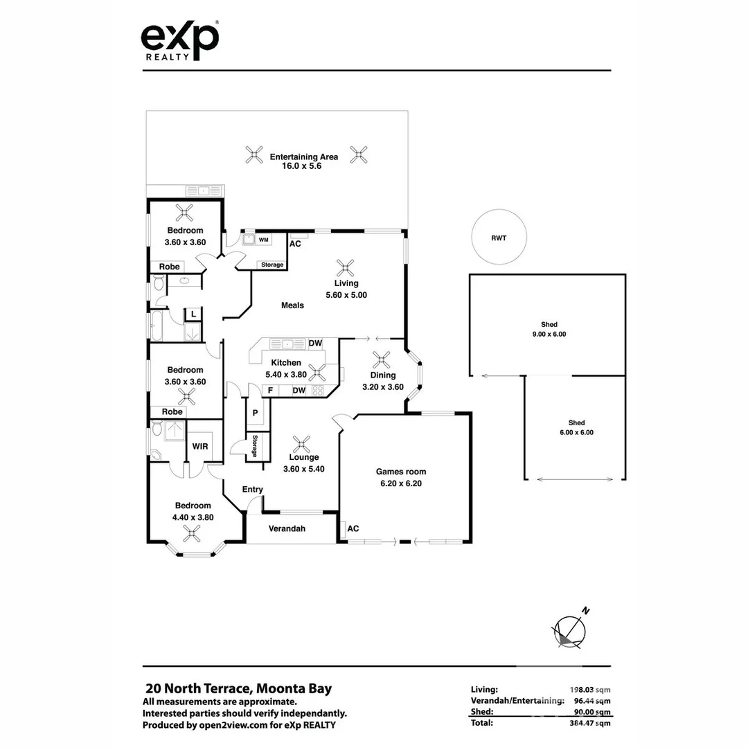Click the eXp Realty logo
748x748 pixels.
pyautogui.click(x=180, y=41)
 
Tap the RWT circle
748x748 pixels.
pyautogui.click(x=499, y=211)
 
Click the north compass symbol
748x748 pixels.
pyautogui.click(x=570, y=630)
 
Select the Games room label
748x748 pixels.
pyautogui.click(x=401, y=472)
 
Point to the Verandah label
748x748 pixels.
pyautogui.click(x=287, y=528)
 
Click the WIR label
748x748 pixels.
pyautogui.click(x=200, y=447)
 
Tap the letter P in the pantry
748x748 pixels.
pyautogui.click(x=255, y=413)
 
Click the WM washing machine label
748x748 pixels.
pyautogui.click(x=263, y=240)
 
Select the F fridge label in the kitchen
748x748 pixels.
pyautogui.click(x=270, y=391)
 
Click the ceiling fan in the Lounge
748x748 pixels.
pyautogui.click(x=301, y=445)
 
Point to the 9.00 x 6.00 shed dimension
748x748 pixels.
pyautogui.click(x=549, y=334)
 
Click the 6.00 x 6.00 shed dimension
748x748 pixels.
pyautogui.click(x=576, y=432)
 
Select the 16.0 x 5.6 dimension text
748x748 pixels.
pyautogui.click(x=301, y=166)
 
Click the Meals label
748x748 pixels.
pyautogui.click(x=292, y=305)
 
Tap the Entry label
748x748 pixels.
pyautogui.click(x=252, y=490)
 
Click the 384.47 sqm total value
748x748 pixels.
pyautogui.click(x=590, y=723)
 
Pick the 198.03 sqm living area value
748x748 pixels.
pyautogui.click(x=590, y=690)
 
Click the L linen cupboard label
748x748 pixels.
pyautogui.click(x=193, y=314)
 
